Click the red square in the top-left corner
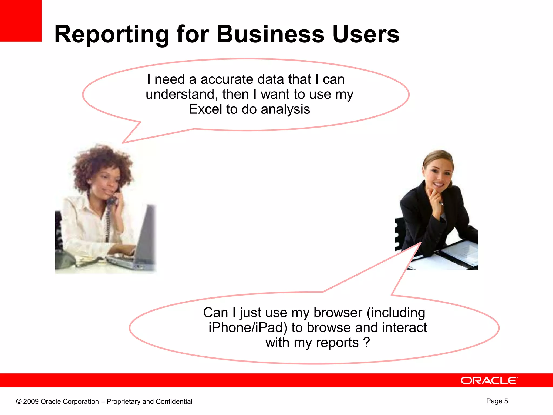pyautogui.click(x=21, y=21)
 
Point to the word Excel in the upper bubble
pyautogui.click(x=205, y=109)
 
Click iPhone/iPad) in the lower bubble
pyautogui.click(x=248, y=327)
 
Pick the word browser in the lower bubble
pyautogui.click(x=338, y=313)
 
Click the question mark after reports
pyautogui.click(x=366, y=342)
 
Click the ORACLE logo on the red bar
pyautogui.click(x=489, y=380)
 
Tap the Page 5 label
pyautogui.click(x=497, y=401)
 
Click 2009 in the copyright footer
pyautogui.click(x=31, y=401)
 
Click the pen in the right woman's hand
pyautogui.click(x=441, y=203)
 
